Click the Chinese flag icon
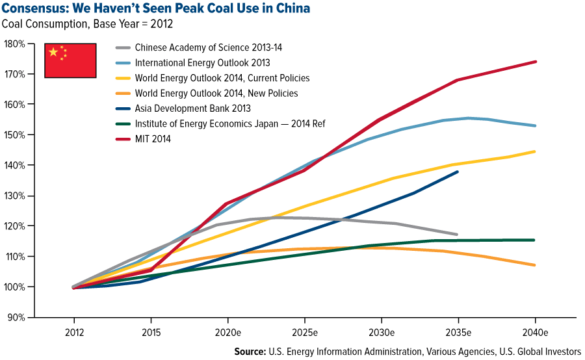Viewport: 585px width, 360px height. [x=70, y=60]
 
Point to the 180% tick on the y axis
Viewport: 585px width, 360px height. [x=14, y=44]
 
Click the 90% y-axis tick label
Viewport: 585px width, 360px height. [x=16, y=317]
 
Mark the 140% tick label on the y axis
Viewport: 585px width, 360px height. [x=14, y=165]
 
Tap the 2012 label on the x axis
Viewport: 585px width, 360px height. [x=73, y=332]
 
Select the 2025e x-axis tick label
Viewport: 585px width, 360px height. [x=304, y=332]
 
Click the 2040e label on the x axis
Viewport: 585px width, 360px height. [x=534, y=332]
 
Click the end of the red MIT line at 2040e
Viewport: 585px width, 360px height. [x=535, y=62]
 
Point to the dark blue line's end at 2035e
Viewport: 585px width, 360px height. [x=458, y=172]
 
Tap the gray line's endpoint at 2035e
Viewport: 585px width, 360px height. [x=457, y=234]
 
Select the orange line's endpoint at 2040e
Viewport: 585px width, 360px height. [x=534, y=265]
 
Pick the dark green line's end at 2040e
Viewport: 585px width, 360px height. [x=534, y=240]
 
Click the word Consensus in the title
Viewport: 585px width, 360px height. [x=32, y=8]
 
